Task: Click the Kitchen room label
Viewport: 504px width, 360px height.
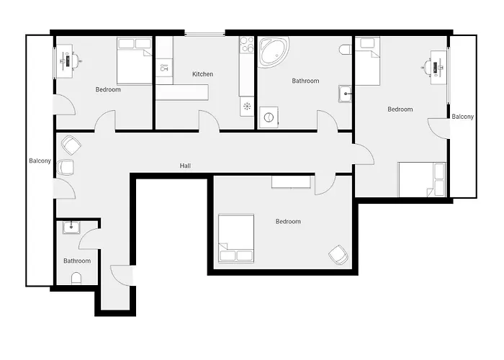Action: click(x=202, y=74)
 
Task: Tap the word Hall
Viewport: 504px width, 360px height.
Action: click(x=185, y=166)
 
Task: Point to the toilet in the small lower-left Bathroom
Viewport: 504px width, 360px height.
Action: click(x=77, y=278)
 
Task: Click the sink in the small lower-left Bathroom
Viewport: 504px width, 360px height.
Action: click(x=71, y=228)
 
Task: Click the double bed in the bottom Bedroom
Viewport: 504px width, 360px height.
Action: click(x=237, y=238)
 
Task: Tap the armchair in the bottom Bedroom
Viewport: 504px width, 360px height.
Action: click(x=336, y=253)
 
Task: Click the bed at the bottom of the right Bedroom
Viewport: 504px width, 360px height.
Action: click(x=422, y=180)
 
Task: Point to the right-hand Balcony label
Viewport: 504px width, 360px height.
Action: click(x=462, y=117)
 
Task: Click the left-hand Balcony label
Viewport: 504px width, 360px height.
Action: click(x=40, y=161)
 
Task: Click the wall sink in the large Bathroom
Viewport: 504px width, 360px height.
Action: click(x=346, y=94)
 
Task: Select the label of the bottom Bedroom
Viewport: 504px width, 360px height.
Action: click(x=288, y=222)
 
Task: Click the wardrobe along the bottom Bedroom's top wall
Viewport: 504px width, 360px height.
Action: click(x=292, y=181)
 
